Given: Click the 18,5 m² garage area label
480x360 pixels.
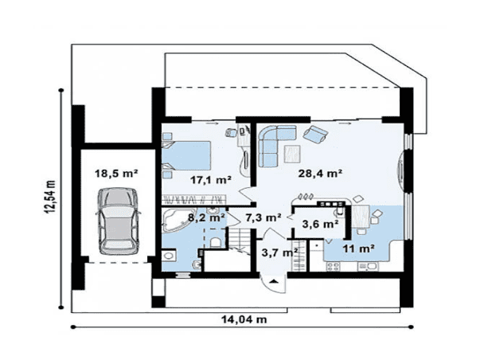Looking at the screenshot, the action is tap(116, 174).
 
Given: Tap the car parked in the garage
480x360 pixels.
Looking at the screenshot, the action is tap(119, 221).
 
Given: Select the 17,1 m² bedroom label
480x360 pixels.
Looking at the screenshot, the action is tap(211, 179).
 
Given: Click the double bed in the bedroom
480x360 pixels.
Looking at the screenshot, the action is tap(186, 155).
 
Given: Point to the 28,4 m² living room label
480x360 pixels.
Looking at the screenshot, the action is tap(320, 174).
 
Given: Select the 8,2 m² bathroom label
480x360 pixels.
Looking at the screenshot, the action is tap(206, 218).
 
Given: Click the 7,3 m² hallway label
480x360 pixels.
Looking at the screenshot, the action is tap(263, 217).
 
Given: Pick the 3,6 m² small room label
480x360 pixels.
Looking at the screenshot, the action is tap(320, 224).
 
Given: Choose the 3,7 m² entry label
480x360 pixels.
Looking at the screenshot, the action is tap(279, 252).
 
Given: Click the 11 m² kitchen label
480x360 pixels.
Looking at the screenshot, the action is tap(358, 248).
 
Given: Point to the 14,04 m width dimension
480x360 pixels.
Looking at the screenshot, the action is tap(244, 319).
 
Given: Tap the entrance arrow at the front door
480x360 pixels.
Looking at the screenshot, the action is tap(274, 281).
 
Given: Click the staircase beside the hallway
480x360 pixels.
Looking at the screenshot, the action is tap(240, 238).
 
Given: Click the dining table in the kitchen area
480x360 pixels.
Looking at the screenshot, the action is tap(361, 217).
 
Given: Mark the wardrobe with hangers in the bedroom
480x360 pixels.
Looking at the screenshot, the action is tap(195, 199).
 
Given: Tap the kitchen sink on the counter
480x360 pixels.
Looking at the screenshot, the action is tap(369, 266).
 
